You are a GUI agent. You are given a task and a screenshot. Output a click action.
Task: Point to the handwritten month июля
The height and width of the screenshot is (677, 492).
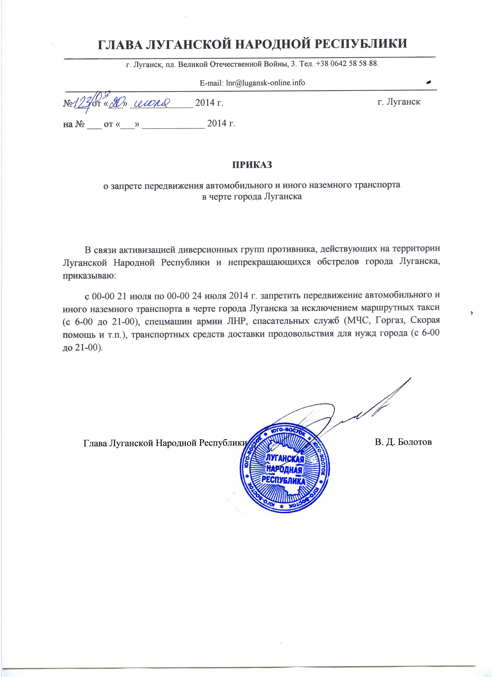coord(152,102)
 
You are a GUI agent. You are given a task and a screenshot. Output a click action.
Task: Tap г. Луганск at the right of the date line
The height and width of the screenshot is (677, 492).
coord(399,102)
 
